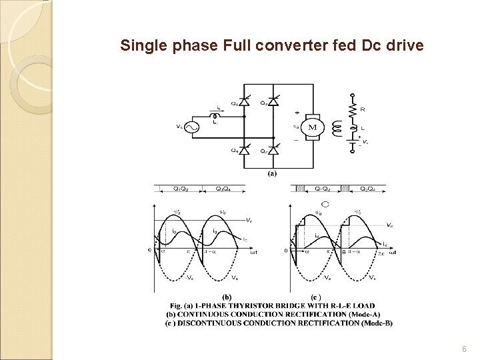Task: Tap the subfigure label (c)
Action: point(317,296)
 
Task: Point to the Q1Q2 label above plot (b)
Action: point(179,189)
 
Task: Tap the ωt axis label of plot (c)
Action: point(393,253)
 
